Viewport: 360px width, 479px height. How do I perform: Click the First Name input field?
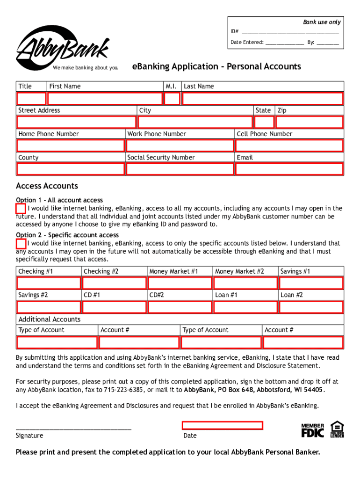[105, 98]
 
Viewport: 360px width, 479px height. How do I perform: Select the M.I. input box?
[172, 98]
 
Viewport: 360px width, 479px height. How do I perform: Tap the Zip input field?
[310, 122]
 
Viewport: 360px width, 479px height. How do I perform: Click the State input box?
[264, 122]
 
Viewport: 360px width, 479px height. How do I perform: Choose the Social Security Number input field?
[180, 169]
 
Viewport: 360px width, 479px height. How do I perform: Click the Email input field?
[289, 169]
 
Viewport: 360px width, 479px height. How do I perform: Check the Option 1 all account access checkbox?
[21, 208]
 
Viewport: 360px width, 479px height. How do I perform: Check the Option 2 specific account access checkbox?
[21, 243]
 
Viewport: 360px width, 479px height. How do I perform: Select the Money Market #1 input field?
[180, 283]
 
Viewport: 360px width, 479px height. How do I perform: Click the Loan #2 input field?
[311, 307]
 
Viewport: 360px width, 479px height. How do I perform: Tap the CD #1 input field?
[114, 307]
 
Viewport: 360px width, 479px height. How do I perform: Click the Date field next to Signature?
[222, 425]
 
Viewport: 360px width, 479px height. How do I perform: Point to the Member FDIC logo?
[312, 430]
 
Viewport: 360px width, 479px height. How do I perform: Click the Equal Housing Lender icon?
[337, 429]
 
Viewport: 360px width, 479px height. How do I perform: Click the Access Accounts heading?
[47, 186]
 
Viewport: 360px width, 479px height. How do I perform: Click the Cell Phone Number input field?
[289, 145]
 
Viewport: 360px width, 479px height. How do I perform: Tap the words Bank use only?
[322, 22]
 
